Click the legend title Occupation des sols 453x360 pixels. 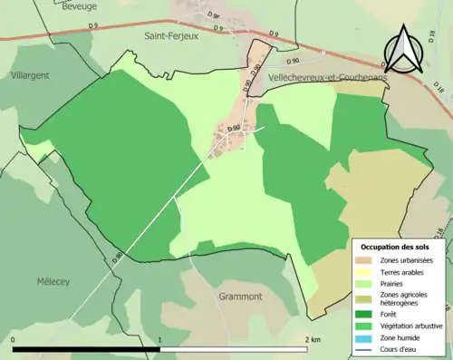395,247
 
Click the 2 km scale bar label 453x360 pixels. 312,340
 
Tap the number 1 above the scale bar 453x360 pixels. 160,340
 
